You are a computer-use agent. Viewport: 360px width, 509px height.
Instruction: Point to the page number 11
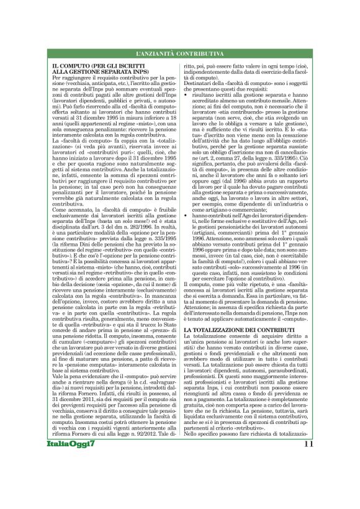click(308, 461)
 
